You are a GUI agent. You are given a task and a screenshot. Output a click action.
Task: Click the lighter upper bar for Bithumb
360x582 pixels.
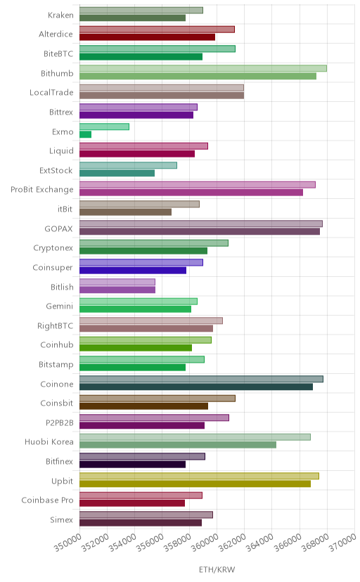pos(203,68)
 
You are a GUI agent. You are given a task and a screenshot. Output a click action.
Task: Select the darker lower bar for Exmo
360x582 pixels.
pos(85,134)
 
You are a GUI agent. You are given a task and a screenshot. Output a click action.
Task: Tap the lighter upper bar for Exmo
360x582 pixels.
pos(104,127)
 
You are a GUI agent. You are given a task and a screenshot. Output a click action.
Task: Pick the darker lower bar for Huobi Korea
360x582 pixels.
pos(178,445)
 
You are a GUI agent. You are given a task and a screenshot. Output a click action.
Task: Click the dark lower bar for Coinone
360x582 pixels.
pos(196,387)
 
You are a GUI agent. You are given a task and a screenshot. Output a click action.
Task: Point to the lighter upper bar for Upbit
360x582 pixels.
pos(199,476)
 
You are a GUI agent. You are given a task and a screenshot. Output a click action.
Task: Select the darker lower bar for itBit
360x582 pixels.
pos(125,212)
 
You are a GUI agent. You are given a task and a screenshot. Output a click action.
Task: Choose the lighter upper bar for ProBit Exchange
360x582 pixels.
pos(198,185)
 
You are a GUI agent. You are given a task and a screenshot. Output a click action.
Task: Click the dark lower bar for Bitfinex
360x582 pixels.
pos(132,465)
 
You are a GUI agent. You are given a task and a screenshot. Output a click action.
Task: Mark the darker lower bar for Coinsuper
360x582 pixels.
pos(133,270)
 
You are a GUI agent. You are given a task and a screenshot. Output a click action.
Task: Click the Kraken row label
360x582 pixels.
pos(60,15)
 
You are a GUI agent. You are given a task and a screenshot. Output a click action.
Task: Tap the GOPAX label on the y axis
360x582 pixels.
pos(58,228)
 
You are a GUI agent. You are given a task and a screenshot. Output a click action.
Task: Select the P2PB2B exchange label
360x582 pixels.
pos(59,422)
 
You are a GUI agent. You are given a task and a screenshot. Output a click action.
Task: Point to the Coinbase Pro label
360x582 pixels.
pos(48,500)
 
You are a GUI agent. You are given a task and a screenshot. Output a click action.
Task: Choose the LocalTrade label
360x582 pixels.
pos(51,92)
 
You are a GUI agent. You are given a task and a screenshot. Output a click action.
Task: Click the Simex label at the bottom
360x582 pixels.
pos(62,519)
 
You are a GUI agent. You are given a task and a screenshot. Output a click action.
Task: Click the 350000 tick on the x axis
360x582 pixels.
pos(68,543)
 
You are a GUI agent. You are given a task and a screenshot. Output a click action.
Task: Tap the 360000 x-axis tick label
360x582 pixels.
pos(205,543)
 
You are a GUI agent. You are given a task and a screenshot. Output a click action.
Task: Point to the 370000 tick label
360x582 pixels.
pos(342,543)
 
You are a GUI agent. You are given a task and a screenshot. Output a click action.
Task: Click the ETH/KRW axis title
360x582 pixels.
pos(217,569)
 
